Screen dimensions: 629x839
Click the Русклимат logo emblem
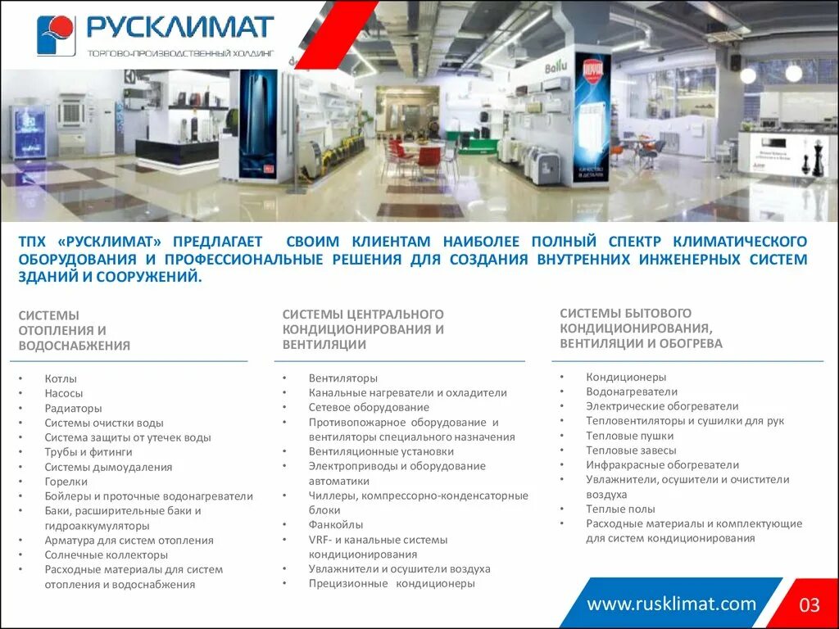(56, 35)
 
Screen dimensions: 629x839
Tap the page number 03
(810, 605)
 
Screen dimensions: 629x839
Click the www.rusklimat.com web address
(672, 604)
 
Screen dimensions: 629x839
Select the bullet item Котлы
(61, 379)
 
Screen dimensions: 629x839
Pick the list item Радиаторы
(73, 409)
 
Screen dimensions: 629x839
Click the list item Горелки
(66, 482)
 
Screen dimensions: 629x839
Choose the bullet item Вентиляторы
(342, 378)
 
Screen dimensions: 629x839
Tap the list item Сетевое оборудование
(368, 407)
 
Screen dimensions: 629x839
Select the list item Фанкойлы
(336, 525)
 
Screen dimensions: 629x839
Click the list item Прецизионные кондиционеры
(391, 584)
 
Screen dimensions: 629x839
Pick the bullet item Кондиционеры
(626, 378)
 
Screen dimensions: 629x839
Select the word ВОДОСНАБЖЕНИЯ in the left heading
(75, 346)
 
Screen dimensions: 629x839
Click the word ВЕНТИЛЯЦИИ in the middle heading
(324, 345)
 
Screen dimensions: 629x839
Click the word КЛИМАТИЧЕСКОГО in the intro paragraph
(740, 242)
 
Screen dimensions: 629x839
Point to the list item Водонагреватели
(631, 391)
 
